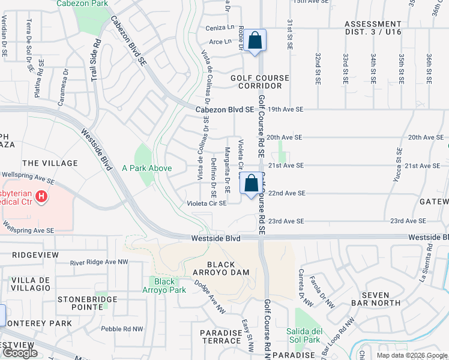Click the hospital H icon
[41, 196]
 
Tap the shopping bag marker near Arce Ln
[255, 41]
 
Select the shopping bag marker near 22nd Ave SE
[252, 184]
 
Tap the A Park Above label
[147, 169]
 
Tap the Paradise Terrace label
[221, 337]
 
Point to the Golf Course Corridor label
[261, 82]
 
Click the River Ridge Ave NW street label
[99, 262]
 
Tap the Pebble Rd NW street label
[122, 329]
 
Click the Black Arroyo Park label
[164, 286]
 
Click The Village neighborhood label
[50, 163]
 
